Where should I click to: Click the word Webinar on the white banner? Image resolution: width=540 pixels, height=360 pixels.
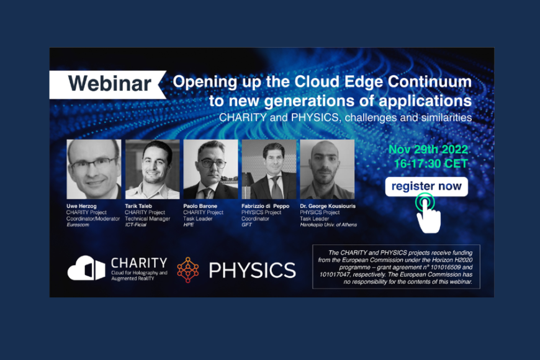[109, 84]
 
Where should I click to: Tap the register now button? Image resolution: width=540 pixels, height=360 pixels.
[426, 186]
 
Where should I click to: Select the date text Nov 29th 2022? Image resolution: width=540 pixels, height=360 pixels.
[428, 150]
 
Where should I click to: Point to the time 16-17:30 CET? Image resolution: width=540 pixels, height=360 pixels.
[431, 164]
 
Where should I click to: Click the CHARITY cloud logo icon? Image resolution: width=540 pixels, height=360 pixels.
[86, 268]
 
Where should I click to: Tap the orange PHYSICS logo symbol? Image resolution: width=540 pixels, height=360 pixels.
[187, 270]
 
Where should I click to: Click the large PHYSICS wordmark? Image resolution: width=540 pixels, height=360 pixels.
[253, 270]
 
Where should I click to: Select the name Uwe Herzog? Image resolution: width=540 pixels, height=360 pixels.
[81, 206]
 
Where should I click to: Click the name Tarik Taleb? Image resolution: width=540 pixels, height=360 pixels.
[138, 206]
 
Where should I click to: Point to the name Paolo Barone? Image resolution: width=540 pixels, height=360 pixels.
[200, 206]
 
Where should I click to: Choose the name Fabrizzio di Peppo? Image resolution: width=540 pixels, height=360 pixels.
[265, 206]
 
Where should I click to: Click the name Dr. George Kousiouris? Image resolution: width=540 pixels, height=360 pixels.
[328, 206]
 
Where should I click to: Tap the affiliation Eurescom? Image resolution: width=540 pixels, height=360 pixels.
[78, 225]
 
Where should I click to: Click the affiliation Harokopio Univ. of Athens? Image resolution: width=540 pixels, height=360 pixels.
[328, 225]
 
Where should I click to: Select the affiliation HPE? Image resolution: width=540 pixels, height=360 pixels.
[189, 225]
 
